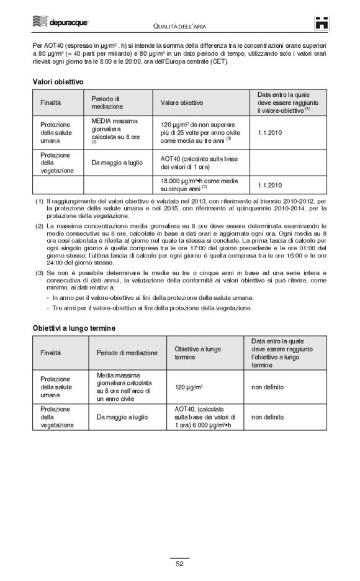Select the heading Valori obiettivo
click(58, 81)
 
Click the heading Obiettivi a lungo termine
click(74, 327)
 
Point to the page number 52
click(179, 564)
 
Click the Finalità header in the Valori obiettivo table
click(51, 102)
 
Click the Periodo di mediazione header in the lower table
click(127, 353)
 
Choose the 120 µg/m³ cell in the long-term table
click(189, 387)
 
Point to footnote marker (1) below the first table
click(39, 202)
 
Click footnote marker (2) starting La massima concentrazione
click(39, 226)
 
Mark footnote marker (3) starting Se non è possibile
click(39, 272)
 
